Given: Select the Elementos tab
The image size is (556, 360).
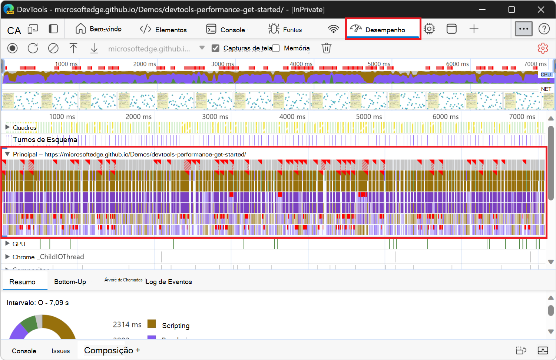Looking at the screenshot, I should [x=163, y=29].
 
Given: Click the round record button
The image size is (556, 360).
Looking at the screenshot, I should [x=13, y=48].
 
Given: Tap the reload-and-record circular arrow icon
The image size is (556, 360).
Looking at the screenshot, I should [x=33, y=48].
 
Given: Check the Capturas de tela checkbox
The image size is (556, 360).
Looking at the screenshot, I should [x=215, y=48].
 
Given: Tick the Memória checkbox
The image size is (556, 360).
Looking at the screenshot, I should [x=276, y=48].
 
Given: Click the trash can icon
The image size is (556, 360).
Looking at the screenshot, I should [x=326, y=48].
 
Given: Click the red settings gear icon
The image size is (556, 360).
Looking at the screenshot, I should [x=543, y=48].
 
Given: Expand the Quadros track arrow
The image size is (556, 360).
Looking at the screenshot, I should [x=7, y=128].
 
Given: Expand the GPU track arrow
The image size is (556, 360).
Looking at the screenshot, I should [x=7, y=244].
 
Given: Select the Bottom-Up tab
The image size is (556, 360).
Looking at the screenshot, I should [x=70, y=282].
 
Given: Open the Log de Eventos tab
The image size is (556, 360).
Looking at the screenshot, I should [x=169, y=282].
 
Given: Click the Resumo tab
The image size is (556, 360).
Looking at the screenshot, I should [x=23, y=282].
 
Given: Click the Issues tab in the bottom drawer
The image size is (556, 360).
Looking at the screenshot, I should [x=60, y=351].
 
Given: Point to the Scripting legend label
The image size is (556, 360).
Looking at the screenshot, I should [x=176, y=326].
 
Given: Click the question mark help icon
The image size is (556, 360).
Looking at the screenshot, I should [x=544, y=29].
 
